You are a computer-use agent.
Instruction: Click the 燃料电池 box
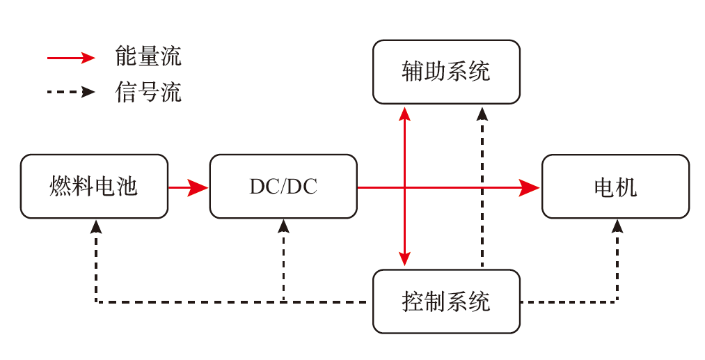(94, 187)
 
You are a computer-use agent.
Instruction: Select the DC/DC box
(283, 187)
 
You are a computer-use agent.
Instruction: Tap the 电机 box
(615, 187)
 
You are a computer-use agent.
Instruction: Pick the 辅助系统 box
(446, 72)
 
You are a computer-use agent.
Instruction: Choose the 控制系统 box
(446, 302)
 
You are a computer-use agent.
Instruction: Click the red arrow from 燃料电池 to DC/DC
(188, 187)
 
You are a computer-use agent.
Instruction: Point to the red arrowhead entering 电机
(530, 187)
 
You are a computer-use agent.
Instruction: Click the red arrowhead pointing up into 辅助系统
(404, 114)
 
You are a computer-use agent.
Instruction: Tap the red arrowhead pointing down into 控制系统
(404, 258)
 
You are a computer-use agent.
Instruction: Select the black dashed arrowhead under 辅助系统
(482, 114)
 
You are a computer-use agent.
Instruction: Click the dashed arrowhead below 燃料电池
(96, 226)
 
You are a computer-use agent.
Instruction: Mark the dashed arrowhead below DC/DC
(283, 226)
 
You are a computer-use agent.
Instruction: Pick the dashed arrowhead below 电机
(617, 226)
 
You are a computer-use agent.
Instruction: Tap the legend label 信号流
(148, 92)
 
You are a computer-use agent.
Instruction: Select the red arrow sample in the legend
(70, 58)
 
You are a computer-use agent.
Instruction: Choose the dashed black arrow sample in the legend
(70, 92)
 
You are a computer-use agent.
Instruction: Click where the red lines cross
(404, 187)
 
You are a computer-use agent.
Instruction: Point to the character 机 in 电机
(626, 187)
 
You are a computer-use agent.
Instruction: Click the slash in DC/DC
(283, 187)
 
